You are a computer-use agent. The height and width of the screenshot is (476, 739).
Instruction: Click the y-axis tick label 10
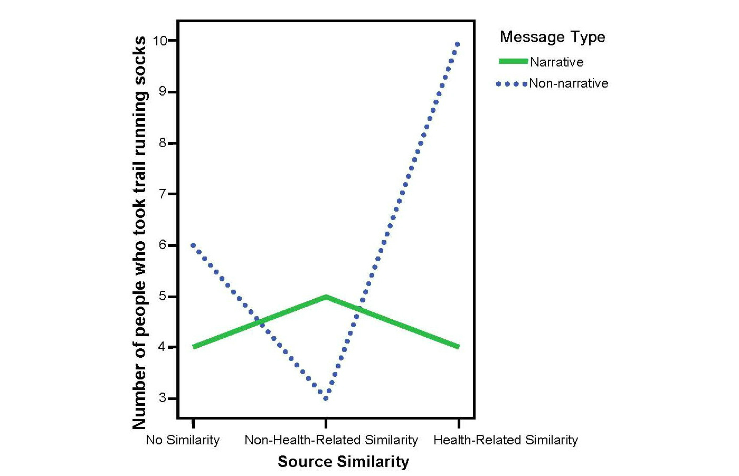pos(160,41)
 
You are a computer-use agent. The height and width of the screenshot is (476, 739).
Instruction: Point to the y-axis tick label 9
pos(163,92)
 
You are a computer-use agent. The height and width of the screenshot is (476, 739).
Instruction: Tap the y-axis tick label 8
pos(163,143)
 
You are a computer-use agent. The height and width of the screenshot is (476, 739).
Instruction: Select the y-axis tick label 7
pos(163,194)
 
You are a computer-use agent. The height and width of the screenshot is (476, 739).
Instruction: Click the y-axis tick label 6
pos(163,245)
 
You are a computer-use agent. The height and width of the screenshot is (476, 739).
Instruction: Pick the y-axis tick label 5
pos(163,296)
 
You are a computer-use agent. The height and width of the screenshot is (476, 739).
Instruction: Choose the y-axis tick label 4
pos(163,347)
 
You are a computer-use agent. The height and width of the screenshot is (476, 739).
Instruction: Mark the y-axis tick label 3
pos(163,398)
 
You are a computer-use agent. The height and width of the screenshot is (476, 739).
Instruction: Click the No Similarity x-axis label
pos(183,440)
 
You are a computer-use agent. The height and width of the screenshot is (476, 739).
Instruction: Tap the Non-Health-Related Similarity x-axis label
pos(331,440)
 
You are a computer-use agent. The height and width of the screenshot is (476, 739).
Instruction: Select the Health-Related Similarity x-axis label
pos(506,440)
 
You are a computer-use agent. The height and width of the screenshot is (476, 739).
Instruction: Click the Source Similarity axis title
pos(343,462)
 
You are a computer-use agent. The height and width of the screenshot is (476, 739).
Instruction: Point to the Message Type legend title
pos(552,37)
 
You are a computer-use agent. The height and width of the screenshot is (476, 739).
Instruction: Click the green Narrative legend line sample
pos(513,62)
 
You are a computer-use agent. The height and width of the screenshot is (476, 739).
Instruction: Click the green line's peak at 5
pos(326,297)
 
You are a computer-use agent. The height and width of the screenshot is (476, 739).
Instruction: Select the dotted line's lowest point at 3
pos(326,398)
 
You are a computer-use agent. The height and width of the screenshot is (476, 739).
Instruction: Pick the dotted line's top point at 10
pos(458,44)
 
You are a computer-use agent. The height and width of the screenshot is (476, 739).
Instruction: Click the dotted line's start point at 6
pos(193,245)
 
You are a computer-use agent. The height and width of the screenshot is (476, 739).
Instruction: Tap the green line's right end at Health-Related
pos(458,347)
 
